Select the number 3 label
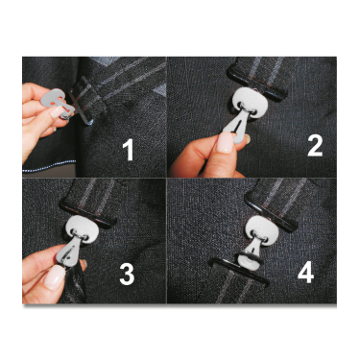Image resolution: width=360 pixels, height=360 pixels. click(125, 275)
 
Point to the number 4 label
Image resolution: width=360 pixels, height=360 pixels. click(305, 273)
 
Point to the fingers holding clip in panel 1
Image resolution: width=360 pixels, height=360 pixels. click(38, 106)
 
